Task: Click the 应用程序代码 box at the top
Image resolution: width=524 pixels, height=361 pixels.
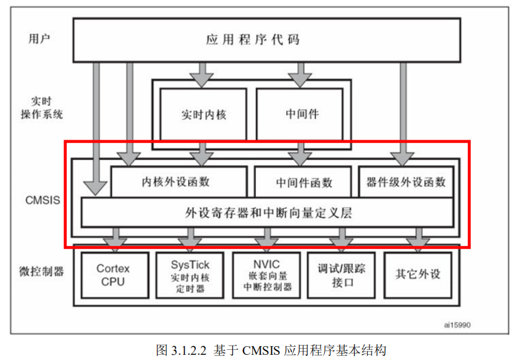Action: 266,40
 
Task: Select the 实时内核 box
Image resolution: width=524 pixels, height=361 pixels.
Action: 203,114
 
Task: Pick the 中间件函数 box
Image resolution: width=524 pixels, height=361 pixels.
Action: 303,182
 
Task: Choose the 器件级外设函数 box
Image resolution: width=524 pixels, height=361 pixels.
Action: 406,182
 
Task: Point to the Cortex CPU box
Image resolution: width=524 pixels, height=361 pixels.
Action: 113,274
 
